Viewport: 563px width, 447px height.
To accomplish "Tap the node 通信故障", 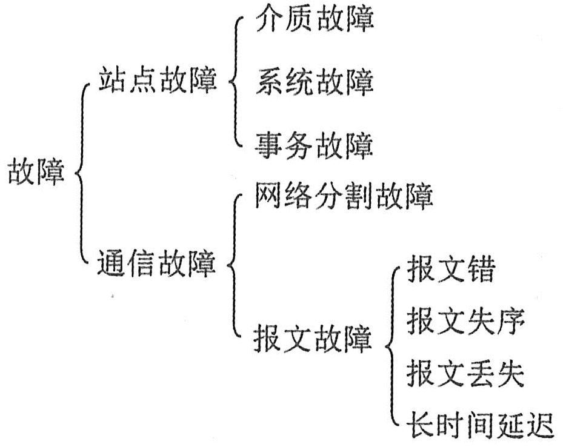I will (x=157, y=264).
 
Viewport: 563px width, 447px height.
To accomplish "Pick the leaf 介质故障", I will (x=315, y=20).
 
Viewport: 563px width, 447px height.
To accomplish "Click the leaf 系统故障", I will (x=315, y=82).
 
